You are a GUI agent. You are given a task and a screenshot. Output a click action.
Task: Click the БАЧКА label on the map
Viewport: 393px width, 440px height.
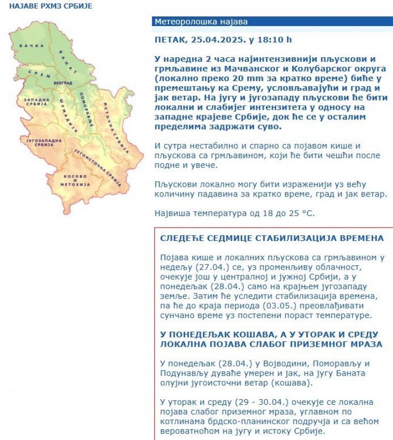(29, 46)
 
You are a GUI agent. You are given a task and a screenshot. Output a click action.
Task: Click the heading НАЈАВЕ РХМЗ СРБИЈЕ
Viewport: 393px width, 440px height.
(51, 7)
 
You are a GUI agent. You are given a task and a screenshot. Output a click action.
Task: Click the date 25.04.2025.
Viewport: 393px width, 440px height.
(211, 40)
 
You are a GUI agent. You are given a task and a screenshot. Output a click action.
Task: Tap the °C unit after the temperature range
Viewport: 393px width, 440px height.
(308, 212)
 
